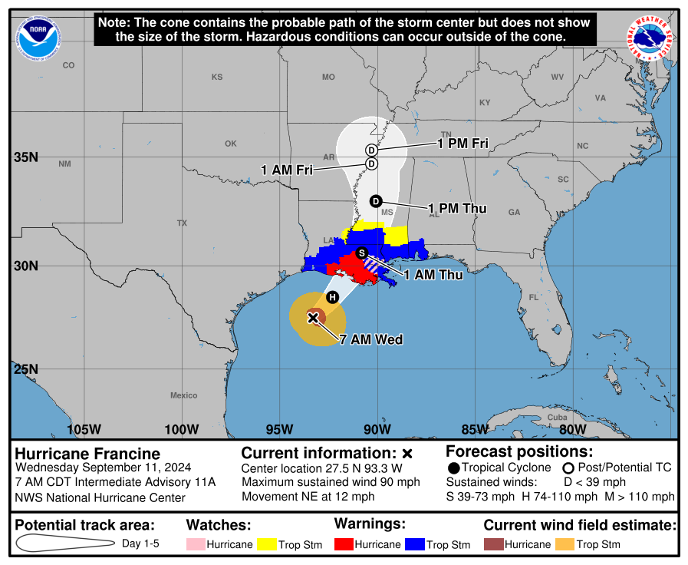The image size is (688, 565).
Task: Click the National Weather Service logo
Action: pyautogui.click(x=651, y=38)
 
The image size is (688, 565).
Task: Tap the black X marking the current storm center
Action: pyautogui.click(x=313, y=316)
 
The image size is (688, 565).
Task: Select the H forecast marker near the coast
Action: pyautogui.click(x=332, y=297)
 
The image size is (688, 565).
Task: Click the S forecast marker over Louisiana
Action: pyautogui.click(x=362, y=253)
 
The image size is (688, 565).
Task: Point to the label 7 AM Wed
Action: pyautogui.click(x=371, y=339)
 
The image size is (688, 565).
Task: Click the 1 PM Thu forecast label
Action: pyautogui.click(x=457, y=209)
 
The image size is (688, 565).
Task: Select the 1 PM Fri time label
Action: pyautogui.click(x=463, y=143)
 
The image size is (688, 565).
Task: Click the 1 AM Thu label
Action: pyautogui.click(x=433, y=275)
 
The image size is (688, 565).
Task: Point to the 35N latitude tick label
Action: pyautogui.click(x=26, y=157)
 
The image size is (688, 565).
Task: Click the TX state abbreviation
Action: pyautogui.click(x=182, y=223)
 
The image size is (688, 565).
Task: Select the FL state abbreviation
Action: pyautogui.click(x=533, y=297)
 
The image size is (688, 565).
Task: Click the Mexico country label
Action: pyautogui.click(x=183, y=395)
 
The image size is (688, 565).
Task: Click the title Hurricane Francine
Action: pyautogui.click(x=87, y=454)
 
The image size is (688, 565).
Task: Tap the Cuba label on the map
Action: pyautogui.click(x=557, y=417)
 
